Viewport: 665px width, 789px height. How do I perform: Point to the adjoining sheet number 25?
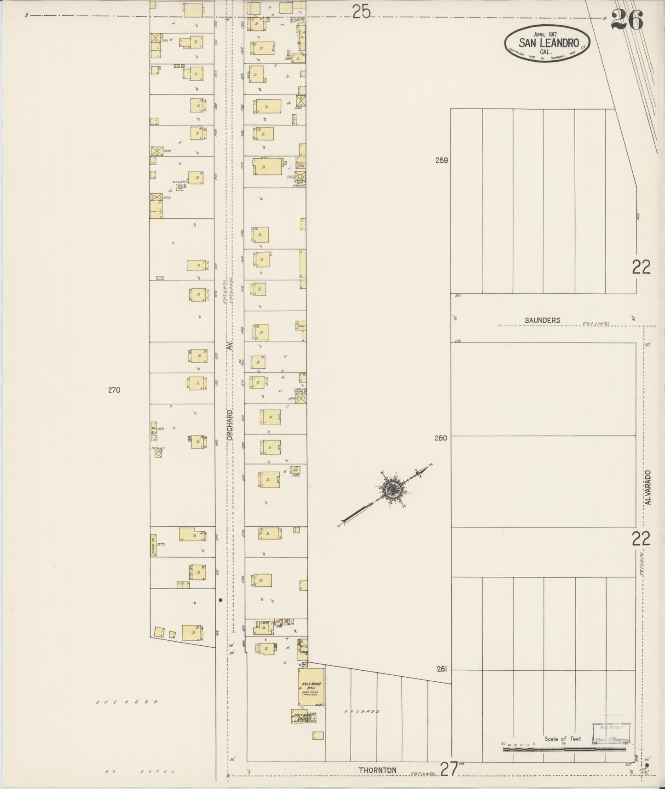tap(361, 12)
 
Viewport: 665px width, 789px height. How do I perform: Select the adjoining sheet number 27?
tap(449, 768)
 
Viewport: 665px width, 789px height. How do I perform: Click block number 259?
tap(442, 161)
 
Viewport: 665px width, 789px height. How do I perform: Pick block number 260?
tap(441, 438)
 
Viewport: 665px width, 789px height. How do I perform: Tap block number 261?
tap(441, 669)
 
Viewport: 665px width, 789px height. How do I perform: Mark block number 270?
tap(114, 390)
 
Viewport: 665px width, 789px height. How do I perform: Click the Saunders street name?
tap(543, 320)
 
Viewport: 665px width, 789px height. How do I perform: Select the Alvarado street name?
tap(648, 487)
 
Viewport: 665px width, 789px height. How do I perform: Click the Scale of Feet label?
tap(563, 738)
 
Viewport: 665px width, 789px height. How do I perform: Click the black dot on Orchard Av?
tap(220, 600)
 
